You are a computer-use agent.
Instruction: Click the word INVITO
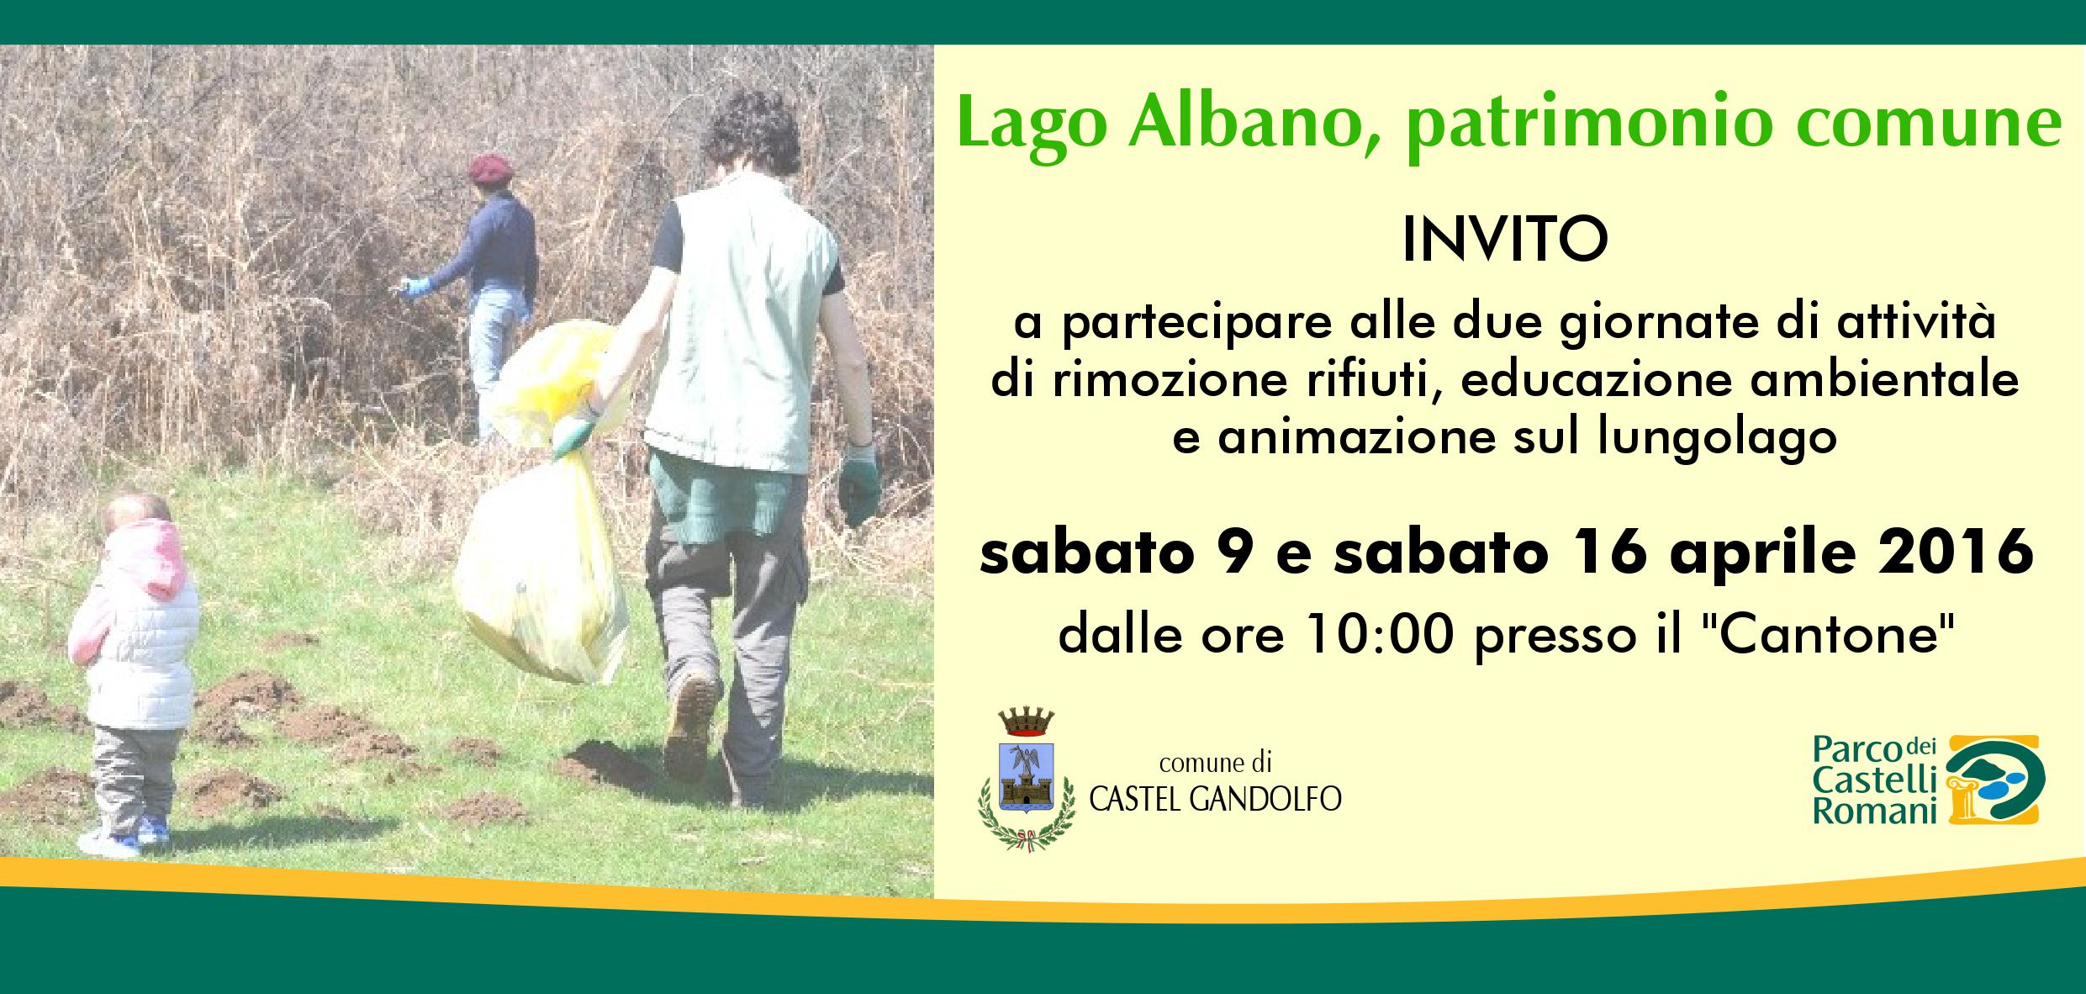click(x=1505, y=241)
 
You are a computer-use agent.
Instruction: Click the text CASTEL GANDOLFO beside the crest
click(x=1214, y=800)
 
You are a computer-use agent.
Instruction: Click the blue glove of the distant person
click(x=414, y=287)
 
